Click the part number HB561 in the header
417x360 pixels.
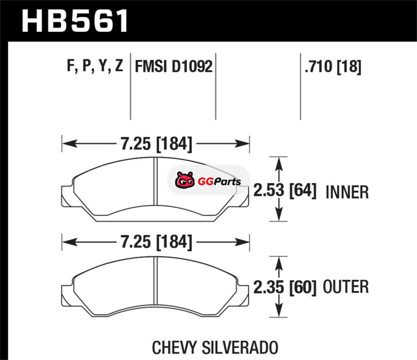point(75,21)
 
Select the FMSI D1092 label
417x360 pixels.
point(174,66)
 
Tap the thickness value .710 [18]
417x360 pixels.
point(333,67)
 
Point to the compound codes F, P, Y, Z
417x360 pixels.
point(95,66)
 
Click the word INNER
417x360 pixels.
point(347,192)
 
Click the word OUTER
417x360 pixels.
point(346,287)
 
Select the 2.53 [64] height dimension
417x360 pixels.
point(285,190)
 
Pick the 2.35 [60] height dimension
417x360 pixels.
point(285,287)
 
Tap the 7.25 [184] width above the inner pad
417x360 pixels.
point(156,144)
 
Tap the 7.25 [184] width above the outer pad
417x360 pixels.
point(156,242)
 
